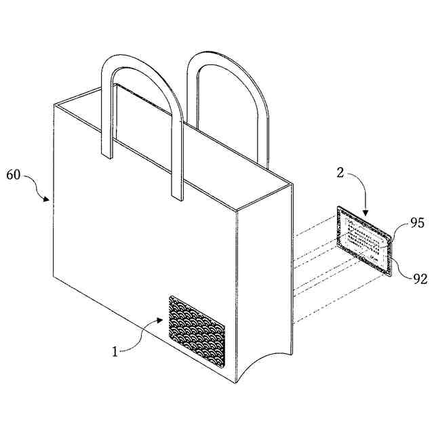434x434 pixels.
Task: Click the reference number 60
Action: click(14, 175)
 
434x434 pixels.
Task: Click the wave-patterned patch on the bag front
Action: click(196, 324)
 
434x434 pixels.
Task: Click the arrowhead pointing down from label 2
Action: click(364, 214)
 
